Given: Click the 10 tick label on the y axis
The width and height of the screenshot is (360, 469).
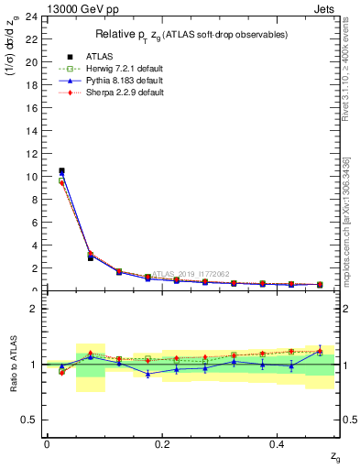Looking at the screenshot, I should click(x=34, y=177).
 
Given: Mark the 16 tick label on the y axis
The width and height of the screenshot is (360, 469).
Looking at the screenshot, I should click(x=34, y=108).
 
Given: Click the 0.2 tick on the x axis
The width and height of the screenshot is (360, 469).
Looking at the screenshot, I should click(x=162, y=443).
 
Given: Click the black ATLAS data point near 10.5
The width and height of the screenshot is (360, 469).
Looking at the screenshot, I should click(x=61, y=170).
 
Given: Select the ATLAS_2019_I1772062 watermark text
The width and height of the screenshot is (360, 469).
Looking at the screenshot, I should click(x=190, y=273).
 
